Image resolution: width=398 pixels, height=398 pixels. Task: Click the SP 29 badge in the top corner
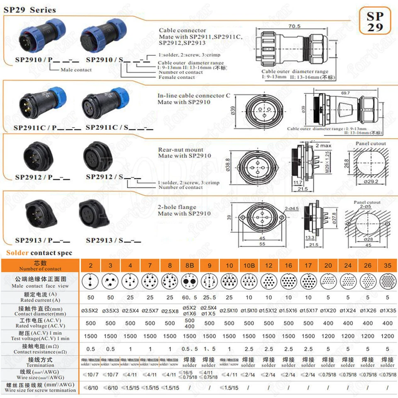tap(375, 21)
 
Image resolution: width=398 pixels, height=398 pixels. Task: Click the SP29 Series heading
tap(30, 10)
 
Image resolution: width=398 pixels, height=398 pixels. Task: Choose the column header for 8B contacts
tap(189, 265)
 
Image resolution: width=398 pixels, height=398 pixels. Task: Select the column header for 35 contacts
tap(387, 265)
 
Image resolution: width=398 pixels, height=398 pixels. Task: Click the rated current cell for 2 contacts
tap(90, 298)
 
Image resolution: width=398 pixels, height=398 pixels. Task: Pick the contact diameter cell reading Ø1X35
tap(387, 311)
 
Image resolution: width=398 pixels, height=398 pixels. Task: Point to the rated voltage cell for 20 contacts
tap(328, 323)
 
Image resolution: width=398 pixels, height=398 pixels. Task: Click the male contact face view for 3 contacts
tap(110, 282)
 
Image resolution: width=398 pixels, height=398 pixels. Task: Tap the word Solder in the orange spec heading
tap(17, 253)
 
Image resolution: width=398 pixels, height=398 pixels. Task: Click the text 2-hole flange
tap(177, 207)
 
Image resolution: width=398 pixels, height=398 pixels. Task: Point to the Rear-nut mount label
tap(181, 150)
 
